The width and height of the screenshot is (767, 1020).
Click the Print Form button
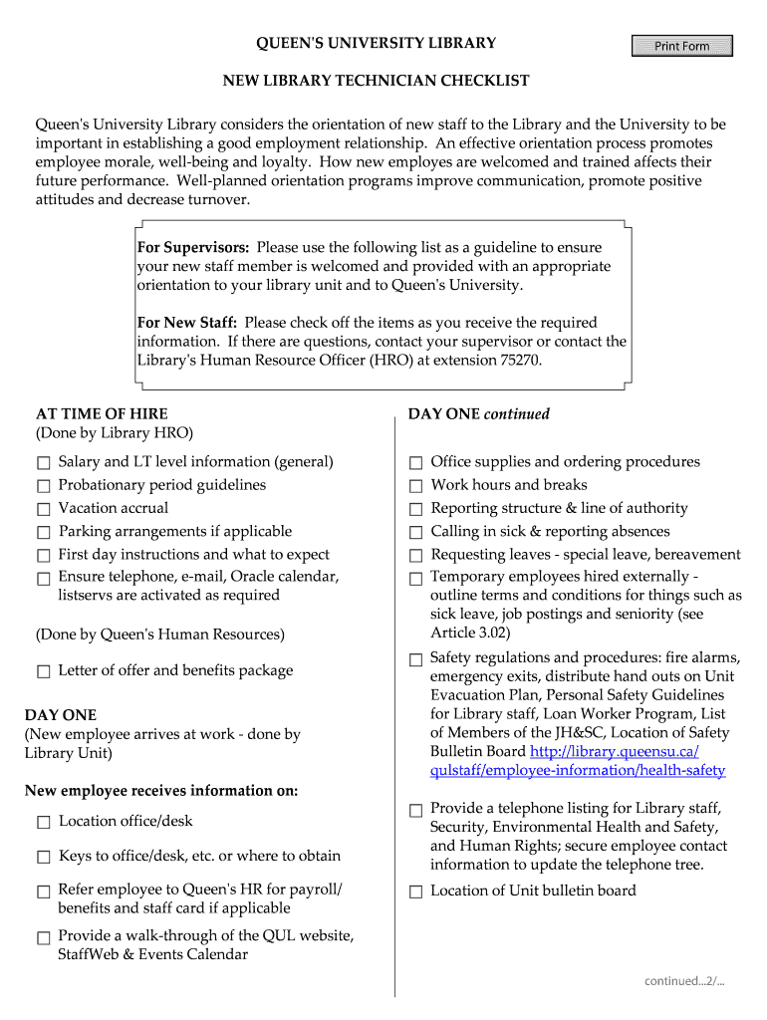point(682,46)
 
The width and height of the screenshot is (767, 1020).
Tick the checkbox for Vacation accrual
point(44,509)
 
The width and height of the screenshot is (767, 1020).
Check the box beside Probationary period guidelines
point(44,486)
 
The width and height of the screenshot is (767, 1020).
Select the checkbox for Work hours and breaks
point(416,486)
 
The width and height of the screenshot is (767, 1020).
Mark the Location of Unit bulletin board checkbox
point(416,892)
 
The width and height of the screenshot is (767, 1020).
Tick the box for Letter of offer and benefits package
point(44,671)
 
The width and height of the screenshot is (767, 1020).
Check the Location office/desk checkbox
point(44,823)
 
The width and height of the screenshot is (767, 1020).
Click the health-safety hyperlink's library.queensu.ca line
point(615,752)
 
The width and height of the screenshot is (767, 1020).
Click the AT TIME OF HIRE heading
point(102,413)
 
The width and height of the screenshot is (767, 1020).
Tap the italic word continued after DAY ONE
point(517,413)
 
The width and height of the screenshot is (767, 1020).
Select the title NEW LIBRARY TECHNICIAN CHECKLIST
point(376,80)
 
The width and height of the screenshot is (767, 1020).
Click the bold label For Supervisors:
point(193,247)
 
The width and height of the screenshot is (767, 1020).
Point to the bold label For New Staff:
point(186,323)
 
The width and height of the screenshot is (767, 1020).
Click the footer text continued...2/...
point(683,981)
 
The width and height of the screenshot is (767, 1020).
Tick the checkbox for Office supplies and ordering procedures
point(416,463)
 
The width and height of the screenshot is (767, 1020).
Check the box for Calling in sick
point(416,533)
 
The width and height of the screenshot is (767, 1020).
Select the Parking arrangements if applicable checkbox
point(44,533)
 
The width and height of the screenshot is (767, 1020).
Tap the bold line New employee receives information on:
point(161,791)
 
